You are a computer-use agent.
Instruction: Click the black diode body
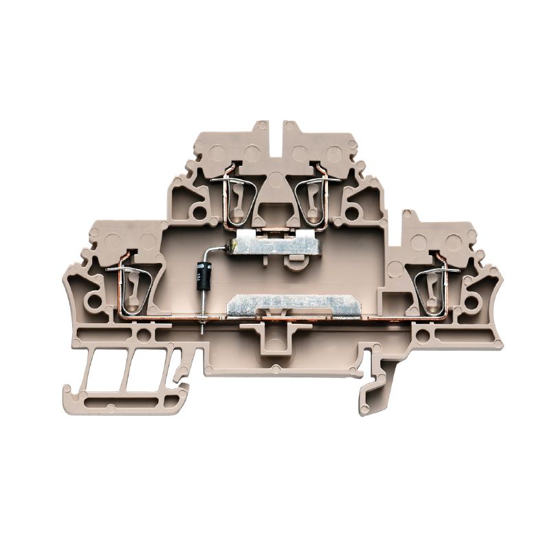click(x=202, y=276)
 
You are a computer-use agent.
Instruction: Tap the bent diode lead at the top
click(x=219, y=251)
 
